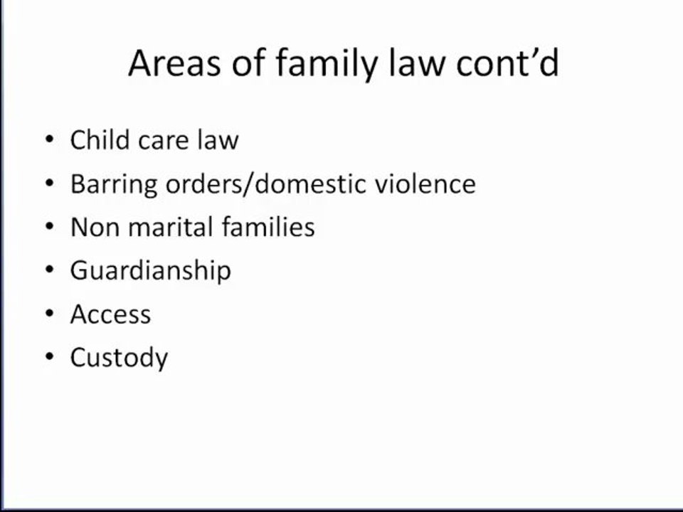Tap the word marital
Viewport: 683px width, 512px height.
168,228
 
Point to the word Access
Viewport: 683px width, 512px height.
110,314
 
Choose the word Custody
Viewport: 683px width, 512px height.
119,358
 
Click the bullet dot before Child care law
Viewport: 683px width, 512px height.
48,140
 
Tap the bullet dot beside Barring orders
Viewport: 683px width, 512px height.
48,184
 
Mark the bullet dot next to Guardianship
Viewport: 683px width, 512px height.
48,271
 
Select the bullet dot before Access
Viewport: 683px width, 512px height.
48,314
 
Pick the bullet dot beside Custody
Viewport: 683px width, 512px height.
48,358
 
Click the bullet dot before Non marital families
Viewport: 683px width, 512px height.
48,228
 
